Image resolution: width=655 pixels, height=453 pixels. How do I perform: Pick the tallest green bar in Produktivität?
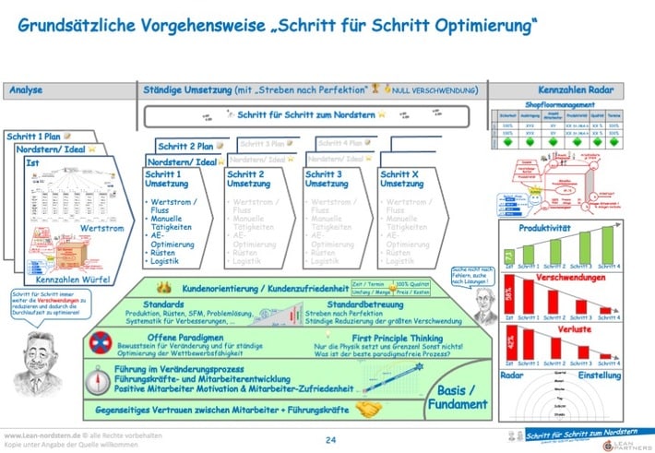(608, 245)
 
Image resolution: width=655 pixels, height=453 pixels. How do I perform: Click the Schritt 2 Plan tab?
(190, 146)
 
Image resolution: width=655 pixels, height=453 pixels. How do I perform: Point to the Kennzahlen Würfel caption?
(70, 278)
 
